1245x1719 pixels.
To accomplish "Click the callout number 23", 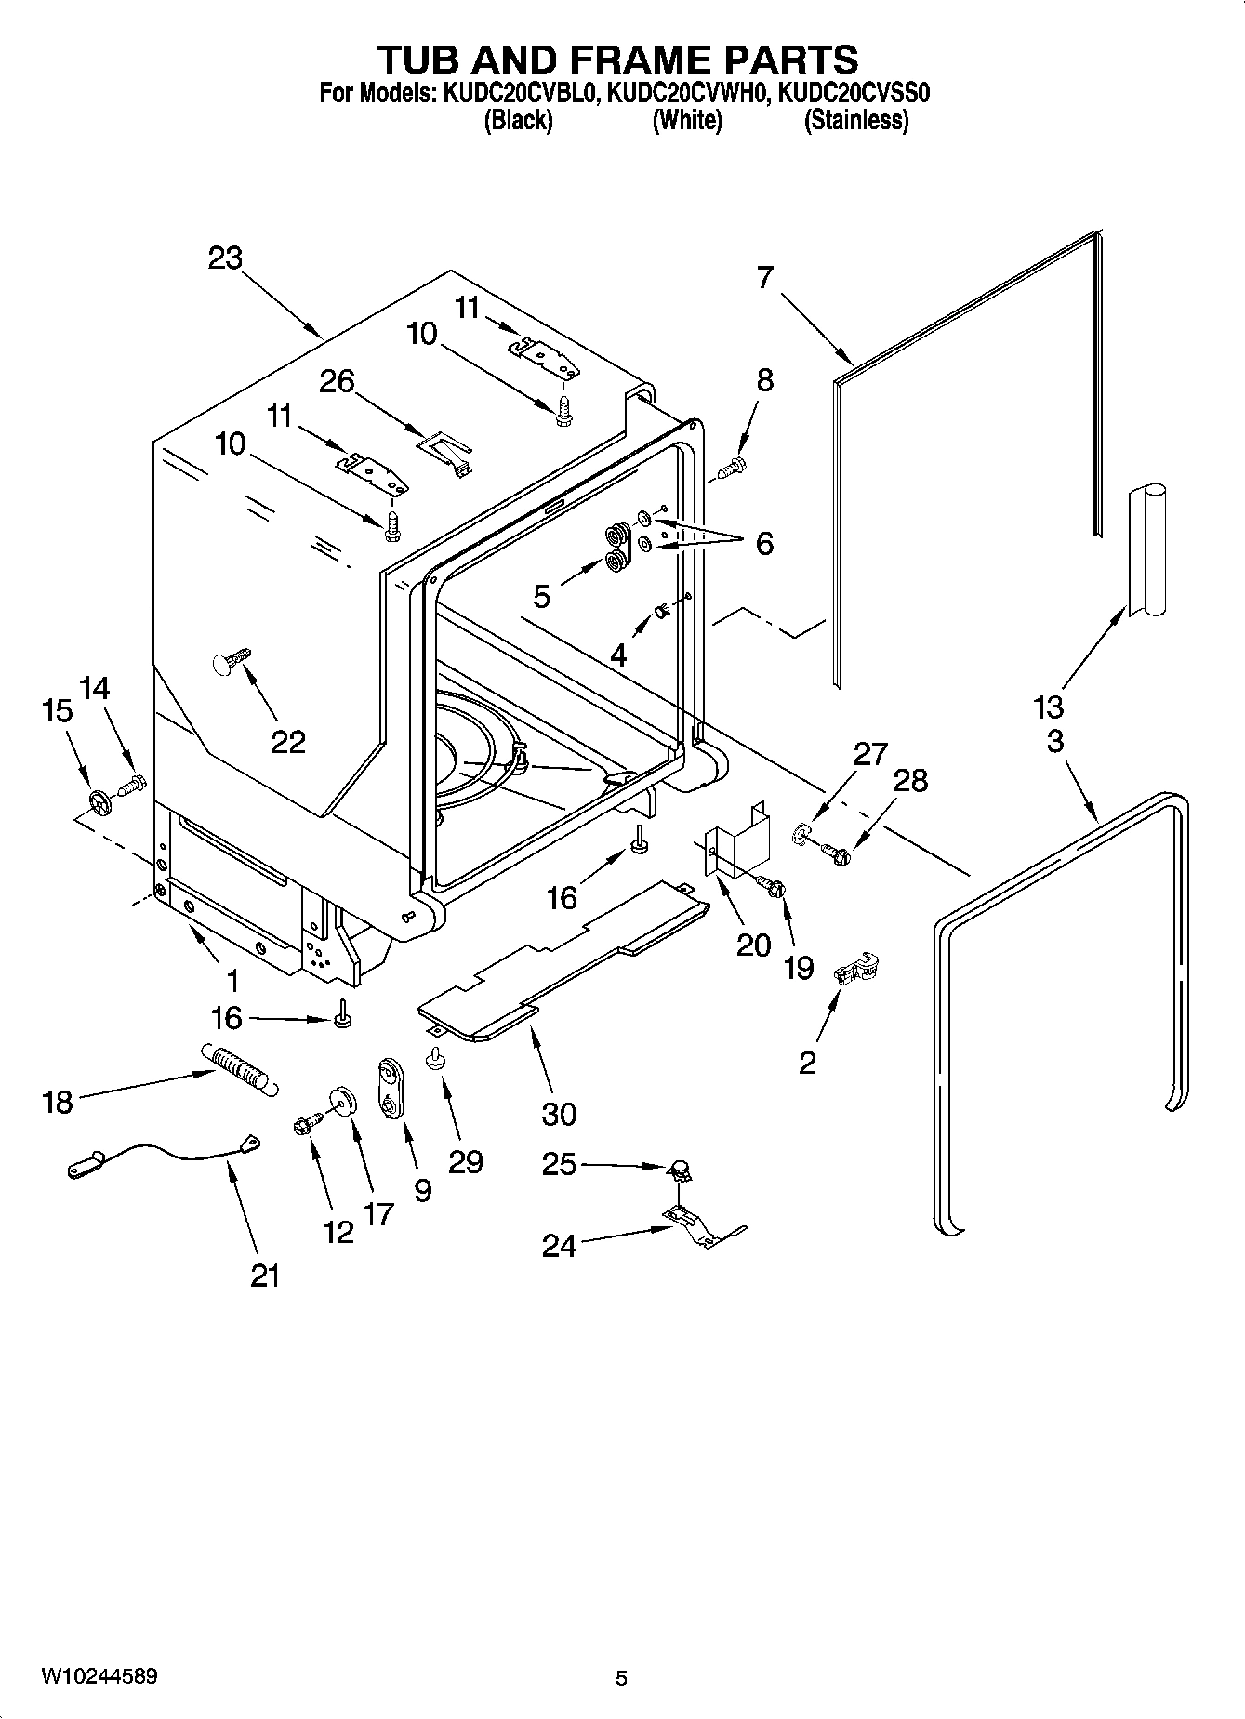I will click(x=225, y=258).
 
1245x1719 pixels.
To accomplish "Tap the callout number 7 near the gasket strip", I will click(x=764, y=277).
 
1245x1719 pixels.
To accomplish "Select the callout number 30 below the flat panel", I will click(x=560, y=1113).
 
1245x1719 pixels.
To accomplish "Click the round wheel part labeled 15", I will click(x=99, y=800).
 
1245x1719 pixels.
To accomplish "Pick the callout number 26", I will click(x=338, y=380).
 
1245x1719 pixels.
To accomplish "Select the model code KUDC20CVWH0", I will click(x=687, y=93).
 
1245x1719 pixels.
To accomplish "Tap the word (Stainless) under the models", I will click(x=855, y=120).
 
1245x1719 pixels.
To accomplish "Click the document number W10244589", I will click(x=99, y=1676).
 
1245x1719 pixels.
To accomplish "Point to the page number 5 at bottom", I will click(x=621, y=1678).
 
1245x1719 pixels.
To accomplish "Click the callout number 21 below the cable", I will click(x=265, y=1276).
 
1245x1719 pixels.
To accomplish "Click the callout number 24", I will click(x=560, y=1246).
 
